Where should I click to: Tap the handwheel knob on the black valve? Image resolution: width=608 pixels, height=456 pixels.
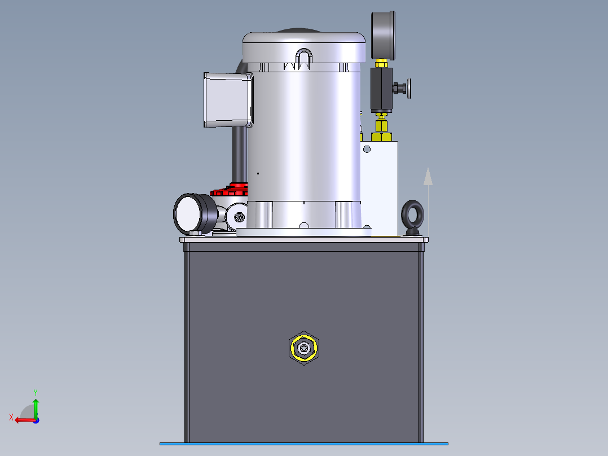coord(409,88)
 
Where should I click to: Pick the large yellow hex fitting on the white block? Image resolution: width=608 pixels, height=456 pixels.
coord(381,136)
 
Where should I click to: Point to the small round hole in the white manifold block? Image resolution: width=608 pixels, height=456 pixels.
coord(367,149)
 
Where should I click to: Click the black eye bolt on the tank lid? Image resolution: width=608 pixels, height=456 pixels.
coord(413,216)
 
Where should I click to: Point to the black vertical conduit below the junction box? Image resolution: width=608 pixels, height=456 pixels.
coord(240,152)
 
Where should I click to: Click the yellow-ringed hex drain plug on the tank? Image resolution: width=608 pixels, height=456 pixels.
coord(304,348)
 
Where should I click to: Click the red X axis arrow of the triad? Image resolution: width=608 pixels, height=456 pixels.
coord(21,420)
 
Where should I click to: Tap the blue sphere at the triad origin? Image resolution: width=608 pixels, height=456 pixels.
coord(36,420)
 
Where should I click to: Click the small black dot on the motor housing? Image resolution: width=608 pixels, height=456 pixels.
coord(258,173)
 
